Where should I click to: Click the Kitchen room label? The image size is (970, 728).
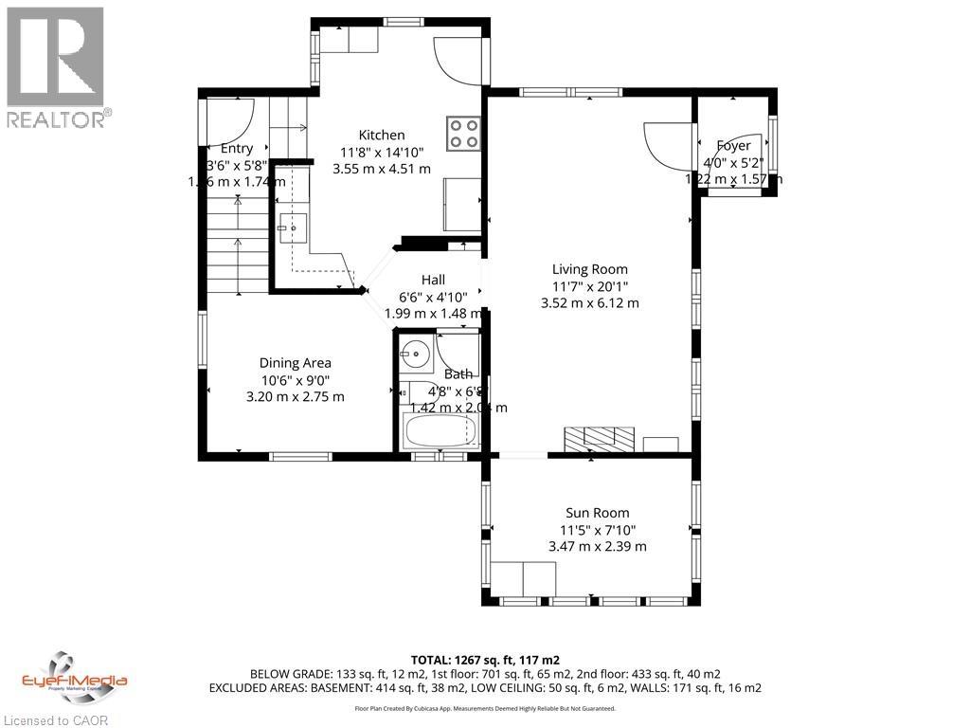[381, 136]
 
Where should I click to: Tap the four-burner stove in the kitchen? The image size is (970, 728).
[463, 132]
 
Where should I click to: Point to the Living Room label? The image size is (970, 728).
[589, 269]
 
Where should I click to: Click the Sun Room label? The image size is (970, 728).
[597, 513]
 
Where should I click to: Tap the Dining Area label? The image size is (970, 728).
[296, 363]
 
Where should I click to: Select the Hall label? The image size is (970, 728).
[433, 280]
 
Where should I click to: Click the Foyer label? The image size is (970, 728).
[733, 146]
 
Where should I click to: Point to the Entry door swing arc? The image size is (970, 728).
[233, 118]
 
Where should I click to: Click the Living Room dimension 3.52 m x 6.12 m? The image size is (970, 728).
[589, 303]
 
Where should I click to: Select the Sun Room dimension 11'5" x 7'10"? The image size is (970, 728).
[597, 530]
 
